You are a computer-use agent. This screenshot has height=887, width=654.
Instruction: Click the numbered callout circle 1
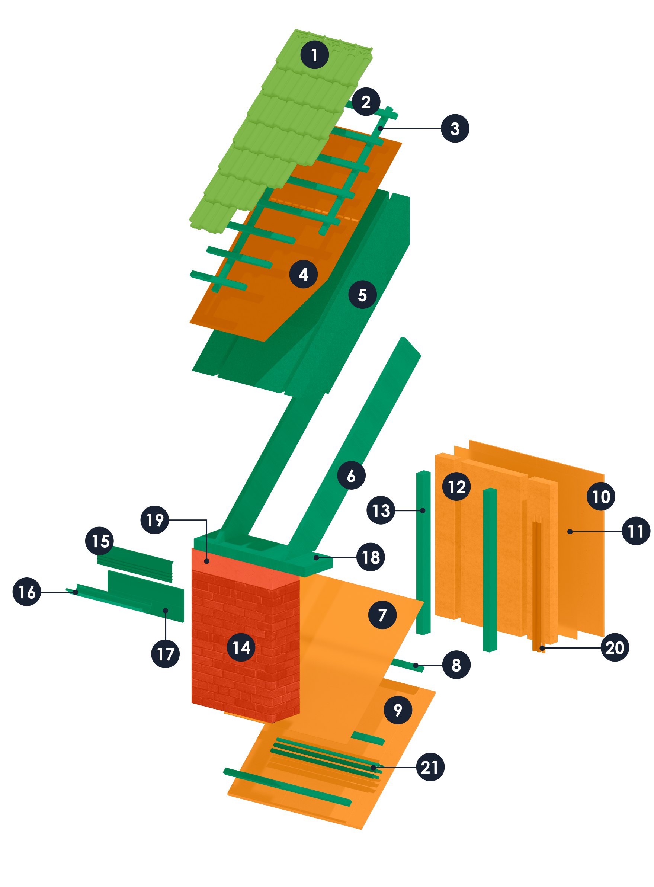click(x=314, y=55)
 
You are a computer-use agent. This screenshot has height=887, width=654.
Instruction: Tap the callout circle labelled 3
click(x=455, y=128)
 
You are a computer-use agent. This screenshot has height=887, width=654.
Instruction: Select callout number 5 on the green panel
click(x=362, y=295)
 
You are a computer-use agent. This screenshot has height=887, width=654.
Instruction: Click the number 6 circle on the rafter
click(x=351, y=475)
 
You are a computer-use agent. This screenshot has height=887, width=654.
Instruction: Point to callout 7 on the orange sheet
click(x=382, y=615)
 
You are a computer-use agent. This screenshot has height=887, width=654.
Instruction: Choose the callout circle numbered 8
click(x=456, y=665)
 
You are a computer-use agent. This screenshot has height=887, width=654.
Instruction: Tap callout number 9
click(x=398, y=710)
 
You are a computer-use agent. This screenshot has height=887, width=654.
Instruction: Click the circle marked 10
click(x=600, y=496)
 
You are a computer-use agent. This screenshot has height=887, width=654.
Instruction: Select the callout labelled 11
click(x=636, y=531)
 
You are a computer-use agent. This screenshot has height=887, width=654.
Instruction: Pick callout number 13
click(x=381, y=510)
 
